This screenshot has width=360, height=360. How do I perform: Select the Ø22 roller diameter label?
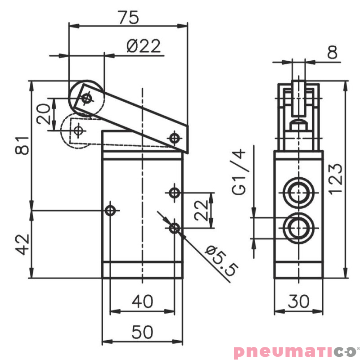[143, 46]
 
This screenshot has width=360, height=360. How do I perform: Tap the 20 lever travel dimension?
[44, 114]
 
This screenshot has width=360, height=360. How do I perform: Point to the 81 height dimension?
[22, 144]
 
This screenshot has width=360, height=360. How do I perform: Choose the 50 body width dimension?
[142, 333]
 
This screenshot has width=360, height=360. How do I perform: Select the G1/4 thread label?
[241, 173]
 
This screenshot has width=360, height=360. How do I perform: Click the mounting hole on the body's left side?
[110, 210]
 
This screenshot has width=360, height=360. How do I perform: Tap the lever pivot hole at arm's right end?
[174, 137]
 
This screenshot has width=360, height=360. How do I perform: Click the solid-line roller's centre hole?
[86, 98]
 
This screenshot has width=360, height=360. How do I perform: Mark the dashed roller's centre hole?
[78, 130]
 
